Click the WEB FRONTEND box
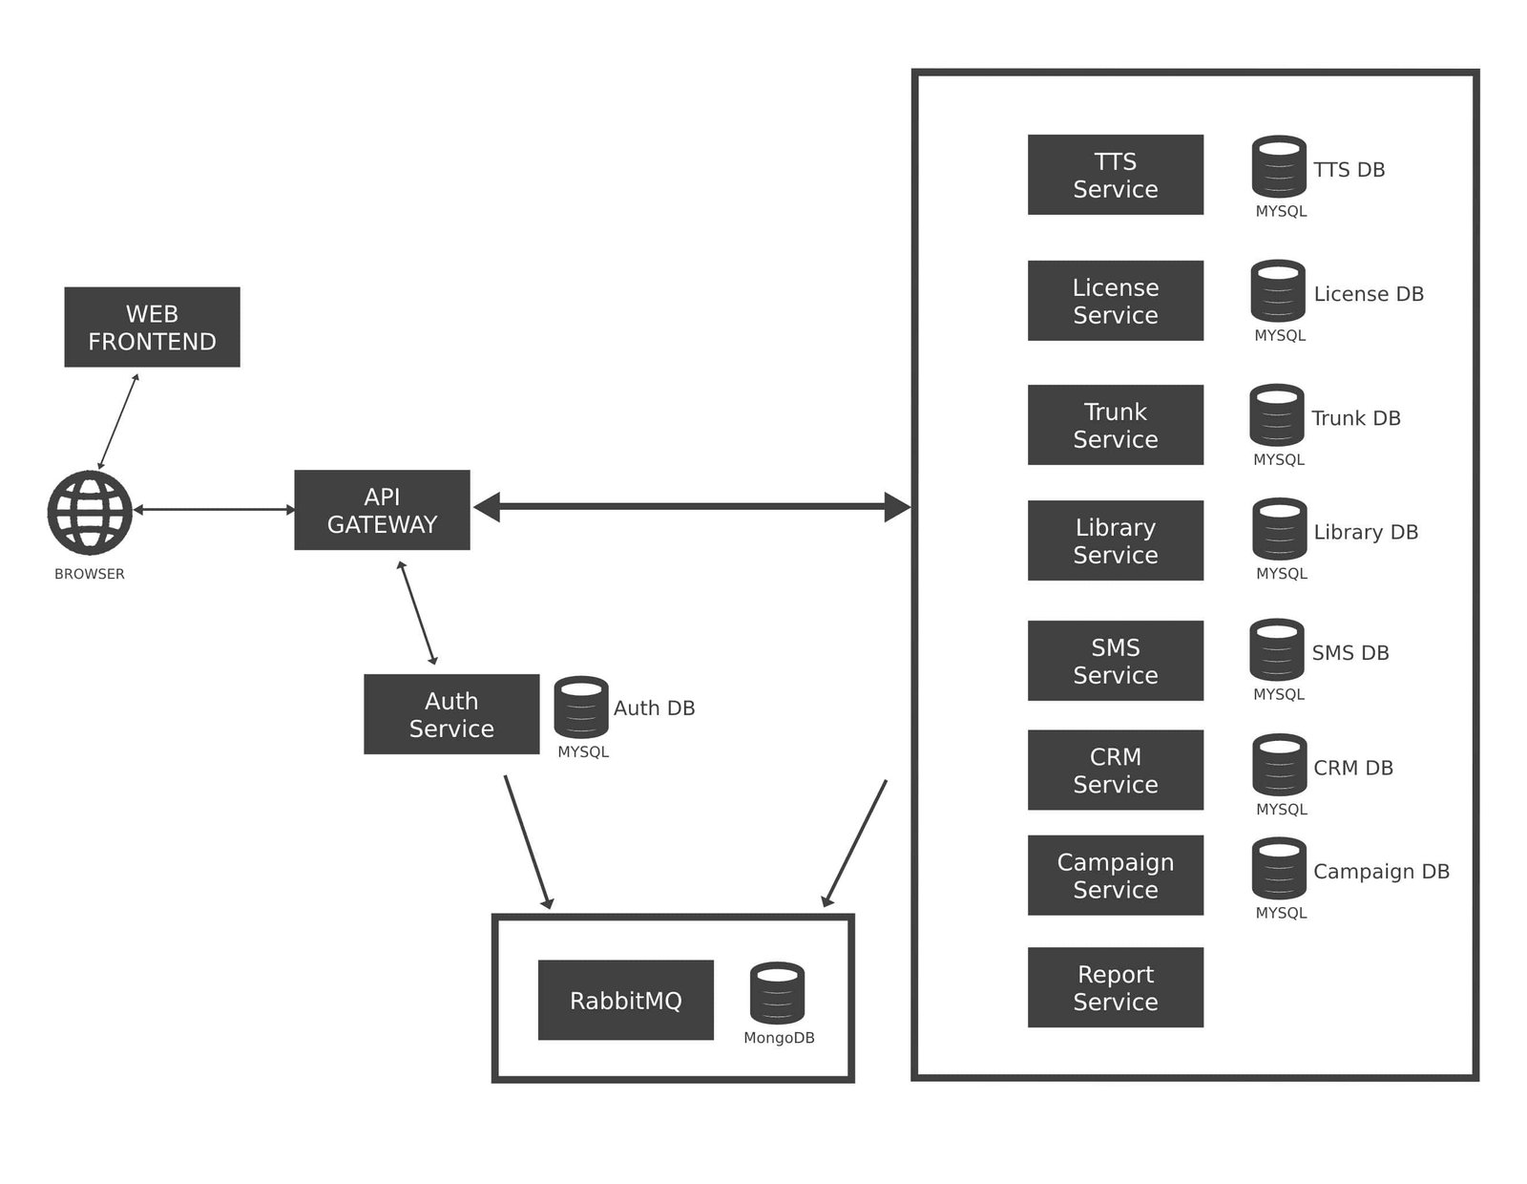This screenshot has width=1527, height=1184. point(152,327)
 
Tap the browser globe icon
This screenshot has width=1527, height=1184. point(90,512)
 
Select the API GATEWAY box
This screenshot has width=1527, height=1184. point(382,510)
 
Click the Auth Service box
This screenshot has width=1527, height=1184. point(451,714)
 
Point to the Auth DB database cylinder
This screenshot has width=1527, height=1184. point(581,707)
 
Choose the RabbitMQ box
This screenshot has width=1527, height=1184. point(625,1000)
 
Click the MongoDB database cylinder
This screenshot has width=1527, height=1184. point(777,992)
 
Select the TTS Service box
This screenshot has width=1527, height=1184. point(1115,175)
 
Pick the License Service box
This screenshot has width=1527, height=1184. point(1115,301)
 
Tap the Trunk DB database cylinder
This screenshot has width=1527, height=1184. point(1276,414)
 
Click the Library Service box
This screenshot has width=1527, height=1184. point(1115,540)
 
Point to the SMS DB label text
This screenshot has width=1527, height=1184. point(1349,653)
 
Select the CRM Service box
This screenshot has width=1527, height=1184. point(1115,770)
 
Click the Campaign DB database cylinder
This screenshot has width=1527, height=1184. point(1279,868)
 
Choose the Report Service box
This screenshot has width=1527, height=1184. point(1115,987)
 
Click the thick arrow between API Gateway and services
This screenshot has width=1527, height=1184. point(692,507)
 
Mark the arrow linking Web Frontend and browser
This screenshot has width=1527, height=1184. point(118,421)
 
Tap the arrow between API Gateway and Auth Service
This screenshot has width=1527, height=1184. point(417,612)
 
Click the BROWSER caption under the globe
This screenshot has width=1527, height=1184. point(90,574)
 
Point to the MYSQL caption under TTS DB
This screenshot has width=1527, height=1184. point(1281,211)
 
